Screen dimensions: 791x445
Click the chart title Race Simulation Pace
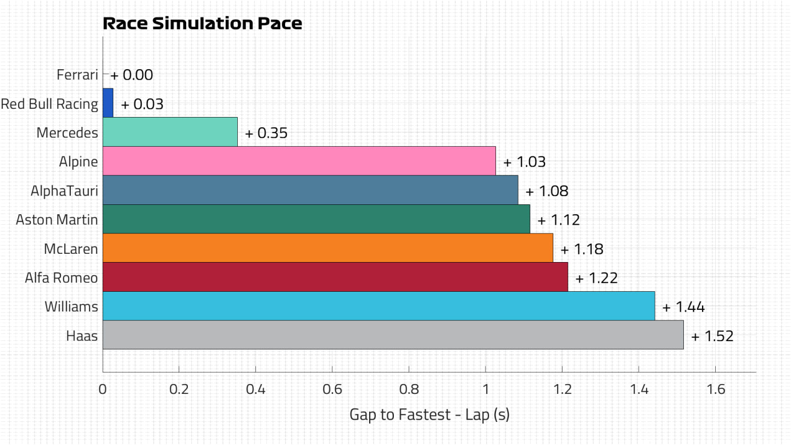click(x=202, y=23)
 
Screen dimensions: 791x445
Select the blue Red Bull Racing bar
click(x=108, y=103)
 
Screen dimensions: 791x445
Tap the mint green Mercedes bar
click(x=170, y=132)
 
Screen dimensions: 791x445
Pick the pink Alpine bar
click(x=299, y=160)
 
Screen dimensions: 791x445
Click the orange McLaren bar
click(x=328, y=248)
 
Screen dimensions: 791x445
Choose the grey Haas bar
click(x=393, y=335)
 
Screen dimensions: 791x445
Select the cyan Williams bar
click(x=379, y=306)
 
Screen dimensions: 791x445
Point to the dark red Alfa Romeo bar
click(x=336, y=277)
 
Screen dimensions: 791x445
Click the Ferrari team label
click(x=77, y=75)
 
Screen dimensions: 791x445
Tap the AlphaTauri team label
click(x=64, y=191)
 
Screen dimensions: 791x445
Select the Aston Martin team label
click(x=57, y=220)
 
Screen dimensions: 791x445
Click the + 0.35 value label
click(x=266, y=133)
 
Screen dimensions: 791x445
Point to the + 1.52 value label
click(x=712, y=336)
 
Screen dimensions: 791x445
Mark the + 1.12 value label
click(x=559, y=220)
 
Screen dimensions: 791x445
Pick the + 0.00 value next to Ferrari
click(x=132, y=75)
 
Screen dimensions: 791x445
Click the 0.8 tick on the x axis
click(x=409, y=389)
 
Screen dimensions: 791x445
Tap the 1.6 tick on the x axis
click(x=716, y=389)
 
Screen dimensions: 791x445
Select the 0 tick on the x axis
click(x=102, y=389)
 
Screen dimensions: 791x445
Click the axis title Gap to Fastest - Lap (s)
click(x=430, y=415)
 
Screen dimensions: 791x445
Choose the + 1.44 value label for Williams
click(x=684, y=307)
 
